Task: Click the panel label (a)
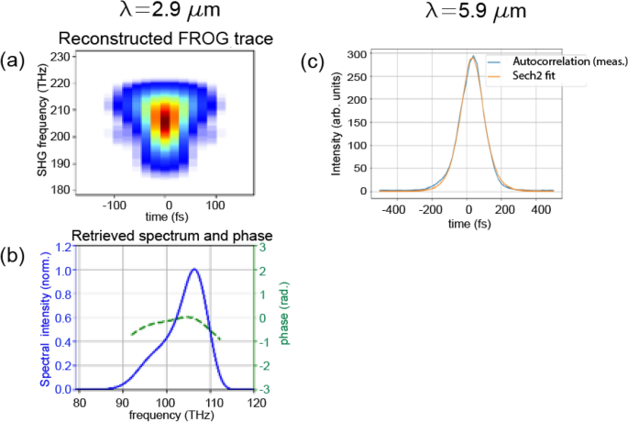[13, 61]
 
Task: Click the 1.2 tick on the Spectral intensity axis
[64, 247]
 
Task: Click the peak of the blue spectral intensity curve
[194, 270]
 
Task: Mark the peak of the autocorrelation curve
[473, 57]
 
